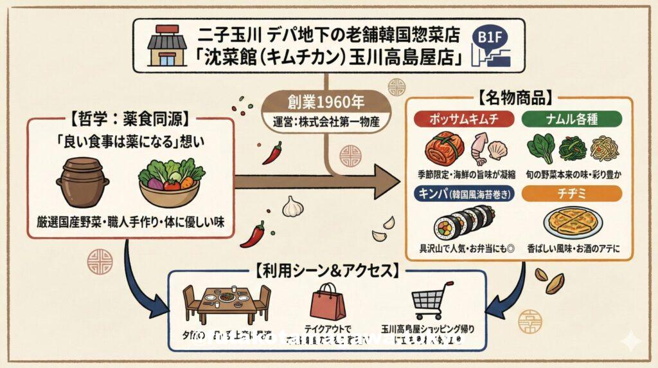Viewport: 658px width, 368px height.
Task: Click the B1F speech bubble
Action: tap(492, 37)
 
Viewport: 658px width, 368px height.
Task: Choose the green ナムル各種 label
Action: tap(571, 119)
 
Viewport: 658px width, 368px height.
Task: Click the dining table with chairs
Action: tap(226, 303)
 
